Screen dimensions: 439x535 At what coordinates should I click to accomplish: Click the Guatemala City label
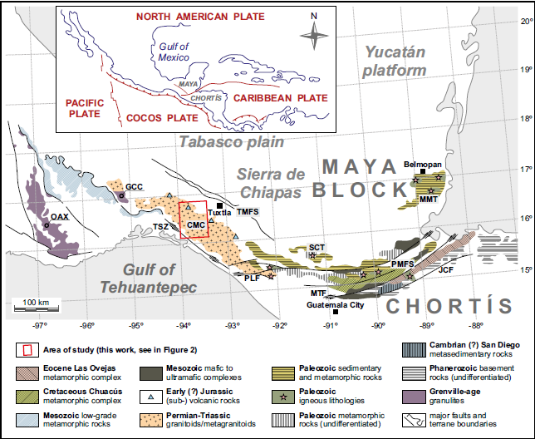pyautogui.click(x=336, y=305)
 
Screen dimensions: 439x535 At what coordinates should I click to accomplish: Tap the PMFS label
pyautogui.click(x=403, y=264)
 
